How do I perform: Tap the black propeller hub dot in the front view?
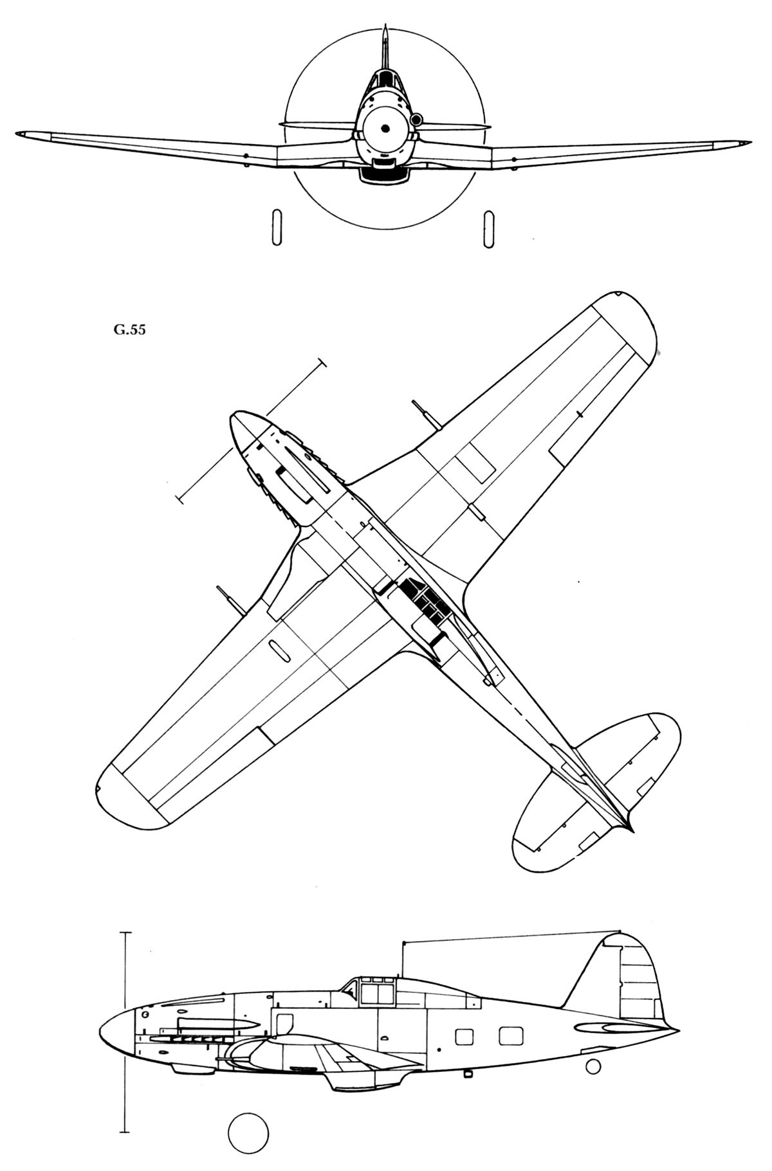(x=385, y=129)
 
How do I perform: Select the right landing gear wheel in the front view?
(x=489, y=228)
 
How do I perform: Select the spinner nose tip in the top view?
(x=233, y=418)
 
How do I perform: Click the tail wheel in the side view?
(x=593, y=1066)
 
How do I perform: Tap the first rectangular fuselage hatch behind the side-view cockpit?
(x=464, y=1037)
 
